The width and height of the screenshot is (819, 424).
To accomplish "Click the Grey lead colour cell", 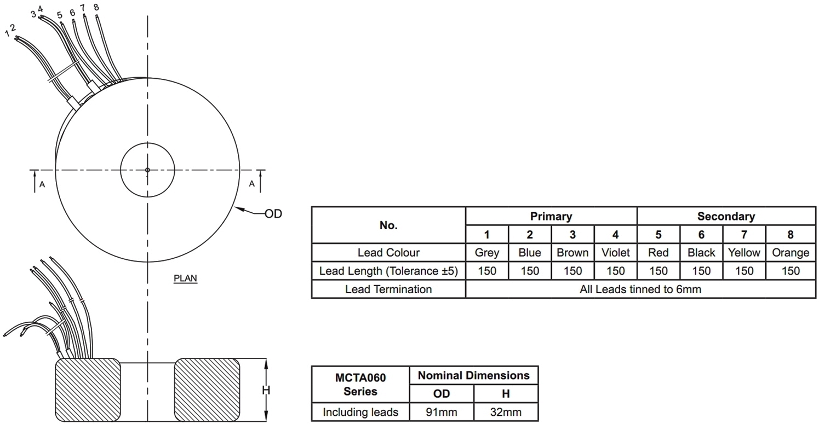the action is coord(486,252).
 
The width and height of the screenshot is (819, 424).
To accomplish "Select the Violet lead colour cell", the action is coord(615,252).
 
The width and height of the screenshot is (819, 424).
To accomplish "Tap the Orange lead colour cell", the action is coord(791,252).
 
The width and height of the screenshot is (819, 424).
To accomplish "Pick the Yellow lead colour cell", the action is coord(744,252).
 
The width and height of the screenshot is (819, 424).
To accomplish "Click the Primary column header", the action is coord(551,216).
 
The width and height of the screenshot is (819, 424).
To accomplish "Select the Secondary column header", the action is coord(726,216).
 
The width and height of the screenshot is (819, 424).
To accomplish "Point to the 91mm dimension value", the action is coord(442,412).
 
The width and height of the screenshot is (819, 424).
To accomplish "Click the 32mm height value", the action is coord(506,412).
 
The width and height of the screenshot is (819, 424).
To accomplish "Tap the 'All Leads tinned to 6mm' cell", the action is coord(640,289).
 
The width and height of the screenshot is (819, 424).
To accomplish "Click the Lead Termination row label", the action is coord(388,289).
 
